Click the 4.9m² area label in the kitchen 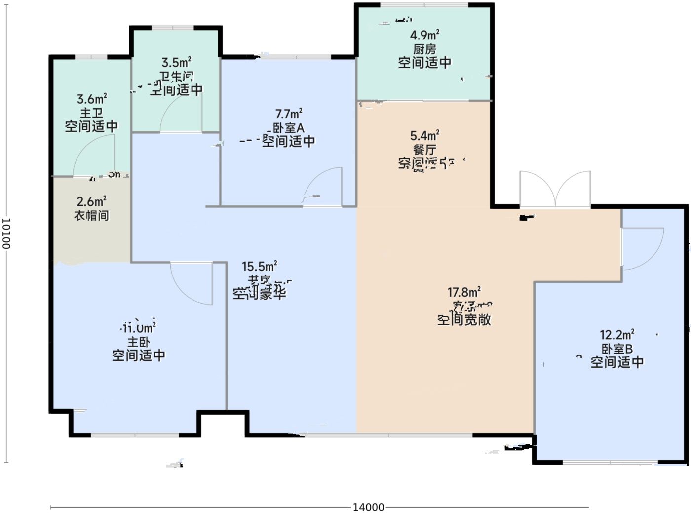(424, 35)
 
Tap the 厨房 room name (424, 49)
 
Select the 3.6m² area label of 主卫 (92, 99)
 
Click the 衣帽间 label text (91, 216)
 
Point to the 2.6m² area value (91, 202)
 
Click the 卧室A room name (289, 128)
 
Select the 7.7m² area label (289, 114)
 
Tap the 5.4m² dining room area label (424, 135)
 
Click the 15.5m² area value (259, 266)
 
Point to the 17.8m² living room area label (464, 292)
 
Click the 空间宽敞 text (464, 320)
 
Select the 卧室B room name (617, 349)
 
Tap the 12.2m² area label (617, 335)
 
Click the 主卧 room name (139, 342)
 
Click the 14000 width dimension (368, 507)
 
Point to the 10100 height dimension (6, 234)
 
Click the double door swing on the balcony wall (555, 190)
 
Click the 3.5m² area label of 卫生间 (176, 63)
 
